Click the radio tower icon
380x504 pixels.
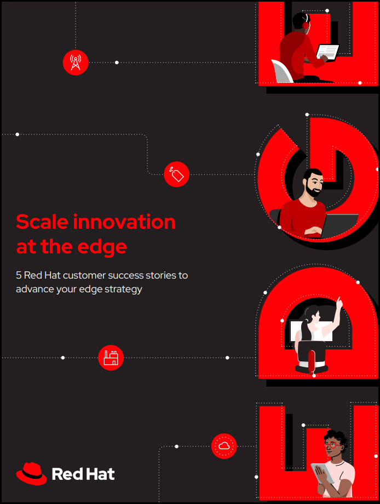(x=76, y=63)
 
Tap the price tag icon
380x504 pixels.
(x=176, y=174)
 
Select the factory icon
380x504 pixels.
(x=111, y=358)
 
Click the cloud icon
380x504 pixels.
(x=224, y=446)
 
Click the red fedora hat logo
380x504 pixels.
(x=31, y=474)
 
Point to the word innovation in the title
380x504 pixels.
(x=124, y=222)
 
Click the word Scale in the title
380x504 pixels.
(x=42, y=222)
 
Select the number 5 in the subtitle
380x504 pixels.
(x=19, y=275)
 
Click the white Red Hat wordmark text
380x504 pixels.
(x=83, y=474)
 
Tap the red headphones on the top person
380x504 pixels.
(x=306, y=24)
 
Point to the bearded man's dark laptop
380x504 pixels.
(x=339, y=225)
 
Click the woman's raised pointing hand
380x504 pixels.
(x=338, y=302)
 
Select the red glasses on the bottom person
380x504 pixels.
(x=332, y=445)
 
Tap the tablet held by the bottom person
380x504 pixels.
(x=323, y=474)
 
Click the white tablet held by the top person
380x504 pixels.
(x=328, y=52)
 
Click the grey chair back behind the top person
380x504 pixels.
(x=282, y=71)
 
